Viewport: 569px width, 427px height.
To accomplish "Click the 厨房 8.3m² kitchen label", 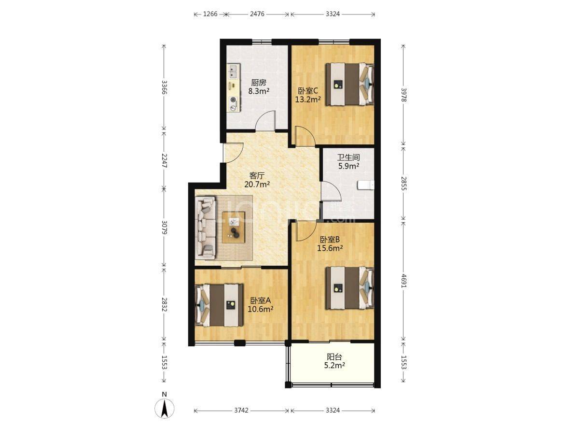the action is (x=259, y=87).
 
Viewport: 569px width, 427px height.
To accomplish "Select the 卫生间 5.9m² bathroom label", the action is (x=348, y=162).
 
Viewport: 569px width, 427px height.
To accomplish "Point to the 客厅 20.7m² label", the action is (x=257, y=180).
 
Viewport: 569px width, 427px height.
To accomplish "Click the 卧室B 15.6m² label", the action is (x=330, y=244).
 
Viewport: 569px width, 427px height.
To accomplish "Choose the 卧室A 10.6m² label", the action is (x=260, y=305).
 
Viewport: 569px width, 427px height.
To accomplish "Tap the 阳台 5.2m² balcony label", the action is (x=334, y=361).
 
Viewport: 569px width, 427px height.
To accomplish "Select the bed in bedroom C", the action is (x=349, y=84).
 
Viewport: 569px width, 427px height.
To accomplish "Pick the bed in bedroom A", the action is (x=220, y=305).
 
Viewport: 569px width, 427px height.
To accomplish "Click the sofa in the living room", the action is (x=206, y=228).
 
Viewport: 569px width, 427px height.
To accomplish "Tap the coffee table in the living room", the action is (x=234, y=228).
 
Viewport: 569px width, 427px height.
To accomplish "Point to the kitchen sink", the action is (x=233, y=71).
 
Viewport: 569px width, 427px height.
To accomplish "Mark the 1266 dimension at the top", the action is (x=210, y=14).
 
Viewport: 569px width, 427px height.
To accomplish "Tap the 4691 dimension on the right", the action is (x=403, y=281).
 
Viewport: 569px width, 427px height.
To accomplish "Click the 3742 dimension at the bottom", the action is (x=241, y=410).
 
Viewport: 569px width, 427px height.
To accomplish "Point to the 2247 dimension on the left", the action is (x=164, y=160).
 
